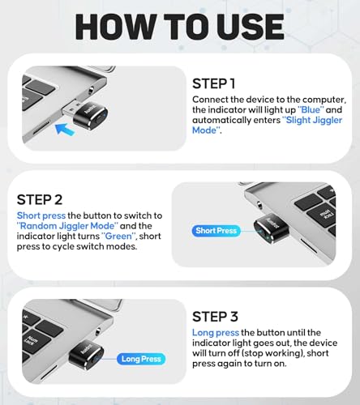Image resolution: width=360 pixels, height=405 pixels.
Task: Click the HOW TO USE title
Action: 179,28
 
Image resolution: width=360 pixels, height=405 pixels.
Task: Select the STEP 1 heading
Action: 214,83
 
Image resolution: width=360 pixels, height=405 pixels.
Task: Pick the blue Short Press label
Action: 216,231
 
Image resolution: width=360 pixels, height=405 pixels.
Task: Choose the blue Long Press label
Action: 140,358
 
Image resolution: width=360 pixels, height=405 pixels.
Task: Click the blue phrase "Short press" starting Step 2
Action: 36,215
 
